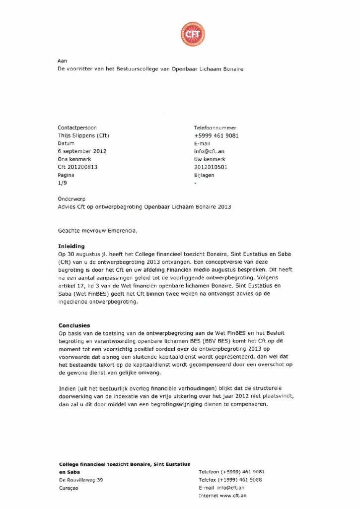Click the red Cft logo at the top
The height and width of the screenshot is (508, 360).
pos(192,34)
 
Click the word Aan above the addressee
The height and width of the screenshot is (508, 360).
pos(62,61)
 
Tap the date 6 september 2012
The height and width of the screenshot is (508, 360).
pos(82,151)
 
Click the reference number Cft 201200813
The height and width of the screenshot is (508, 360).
pos(77,167)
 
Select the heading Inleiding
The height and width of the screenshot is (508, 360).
pos(72,246)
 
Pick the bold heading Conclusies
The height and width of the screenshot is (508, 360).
pos(74,325)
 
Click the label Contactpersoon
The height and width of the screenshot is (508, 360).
pos(77,127)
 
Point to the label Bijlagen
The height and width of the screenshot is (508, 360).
pos(204,175)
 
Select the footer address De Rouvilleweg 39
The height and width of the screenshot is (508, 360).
pos(81,480)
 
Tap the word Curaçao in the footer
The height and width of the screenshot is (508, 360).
pos(69,488)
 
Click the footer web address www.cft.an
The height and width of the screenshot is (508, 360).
pos(233,496)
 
